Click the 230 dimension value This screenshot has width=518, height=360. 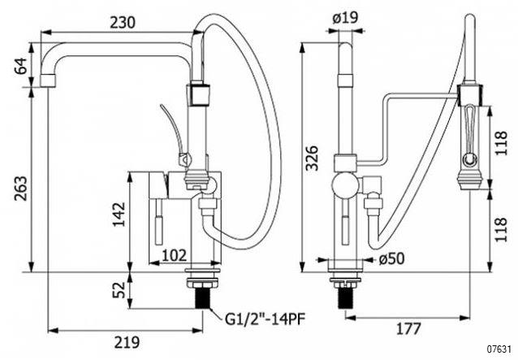click(123, 23)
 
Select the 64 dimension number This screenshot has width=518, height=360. click(20, 66)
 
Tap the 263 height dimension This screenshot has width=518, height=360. click(20, 189)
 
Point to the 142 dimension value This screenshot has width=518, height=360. click(119, 215)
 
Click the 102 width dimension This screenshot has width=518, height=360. click(175, 255)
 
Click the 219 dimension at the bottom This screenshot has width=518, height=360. click(127, 342)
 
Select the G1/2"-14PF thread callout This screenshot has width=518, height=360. click(265, 319)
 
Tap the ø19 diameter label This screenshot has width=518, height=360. click(345, 18)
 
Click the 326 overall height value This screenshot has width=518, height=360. click(312, 158)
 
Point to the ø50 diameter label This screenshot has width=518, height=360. click(392, 258)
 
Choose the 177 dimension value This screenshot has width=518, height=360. click(408, 328)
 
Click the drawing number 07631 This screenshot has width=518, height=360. click(501, 349)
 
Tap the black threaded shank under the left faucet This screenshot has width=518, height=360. click(202, 298)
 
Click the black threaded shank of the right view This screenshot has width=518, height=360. click(346, 298)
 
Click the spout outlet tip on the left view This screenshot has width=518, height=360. click(48, 81)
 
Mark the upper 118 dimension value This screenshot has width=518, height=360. click(501, 143)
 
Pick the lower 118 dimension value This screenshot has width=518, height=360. click(501, 229)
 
